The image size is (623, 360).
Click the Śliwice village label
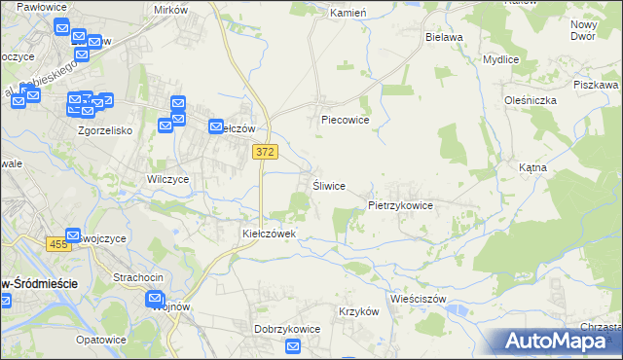328,186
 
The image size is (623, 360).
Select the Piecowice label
345,121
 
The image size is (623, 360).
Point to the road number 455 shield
58,244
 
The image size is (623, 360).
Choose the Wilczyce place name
167,180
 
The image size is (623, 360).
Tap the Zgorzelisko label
104,129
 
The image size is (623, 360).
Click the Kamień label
347,14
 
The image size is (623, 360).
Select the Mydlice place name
500,59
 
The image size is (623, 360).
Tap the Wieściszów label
417,299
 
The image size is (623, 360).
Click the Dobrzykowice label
287,329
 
